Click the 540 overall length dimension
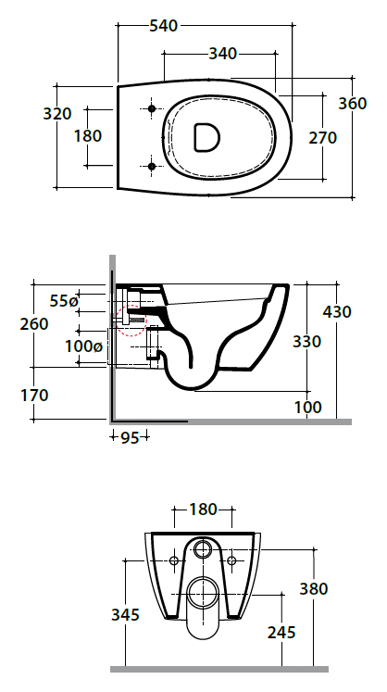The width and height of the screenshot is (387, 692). (163, 26)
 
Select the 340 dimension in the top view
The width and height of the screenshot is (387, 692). (222, 54)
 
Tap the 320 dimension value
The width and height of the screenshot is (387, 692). (56, 114)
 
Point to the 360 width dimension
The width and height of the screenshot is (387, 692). (353, 103)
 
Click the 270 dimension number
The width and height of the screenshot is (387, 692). (322, 138)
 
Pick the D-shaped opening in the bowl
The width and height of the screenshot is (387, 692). (206, 137)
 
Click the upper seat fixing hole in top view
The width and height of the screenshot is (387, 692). (152, 108)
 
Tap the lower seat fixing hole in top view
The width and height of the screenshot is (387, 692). (152, 166)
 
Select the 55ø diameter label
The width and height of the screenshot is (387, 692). (64, 301)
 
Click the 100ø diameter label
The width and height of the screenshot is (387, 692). (84, 346)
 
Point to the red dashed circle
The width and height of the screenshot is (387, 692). (131, 321)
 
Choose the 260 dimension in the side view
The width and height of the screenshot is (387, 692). (34, 324)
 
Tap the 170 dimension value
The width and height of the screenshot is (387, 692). (34, 395)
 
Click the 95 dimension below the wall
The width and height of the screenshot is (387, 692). (130, 438)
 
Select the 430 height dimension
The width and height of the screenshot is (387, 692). (337, 311)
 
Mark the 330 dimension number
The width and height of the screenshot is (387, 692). (306, 341)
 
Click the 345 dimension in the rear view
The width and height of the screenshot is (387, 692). (125, 614)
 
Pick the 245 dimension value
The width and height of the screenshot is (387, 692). (281, 633)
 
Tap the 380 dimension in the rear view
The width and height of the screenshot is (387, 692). (314, 589)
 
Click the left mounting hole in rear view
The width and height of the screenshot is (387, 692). (174, 561)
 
